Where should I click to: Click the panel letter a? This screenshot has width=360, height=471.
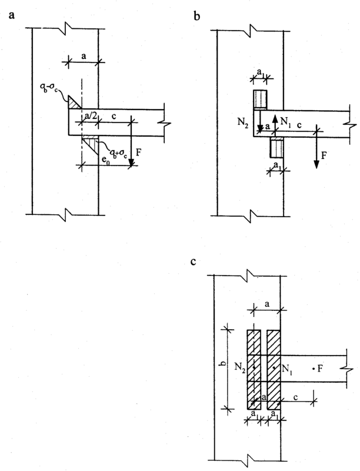[12, 15]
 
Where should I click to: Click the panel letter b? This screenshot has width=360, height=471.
[196, 16]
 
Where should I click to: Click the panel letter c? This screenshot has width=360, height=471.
[193, 261]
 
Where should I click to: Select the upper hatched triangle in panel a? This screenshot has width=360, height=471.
[74, 102]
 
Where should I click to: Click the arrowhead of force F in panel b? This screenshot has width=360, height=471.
[317, 164]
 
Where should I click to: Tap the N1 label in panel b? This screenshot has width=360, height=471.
[285, 121]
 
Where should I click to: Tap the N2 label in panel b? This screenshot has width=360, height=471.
[243, 124]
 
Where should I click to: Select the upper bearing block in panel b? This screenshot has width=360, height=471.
[260, 99]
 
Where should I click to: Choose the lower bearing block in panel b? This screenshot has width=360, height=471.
[276, 148]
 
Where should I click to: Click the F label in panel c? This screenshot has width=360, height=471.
[320, 368]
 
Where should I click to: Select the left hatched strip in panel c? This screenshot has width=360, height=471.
[254, 369]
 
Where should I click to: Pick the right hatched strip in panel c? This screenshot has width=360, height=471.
[274, 369]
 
